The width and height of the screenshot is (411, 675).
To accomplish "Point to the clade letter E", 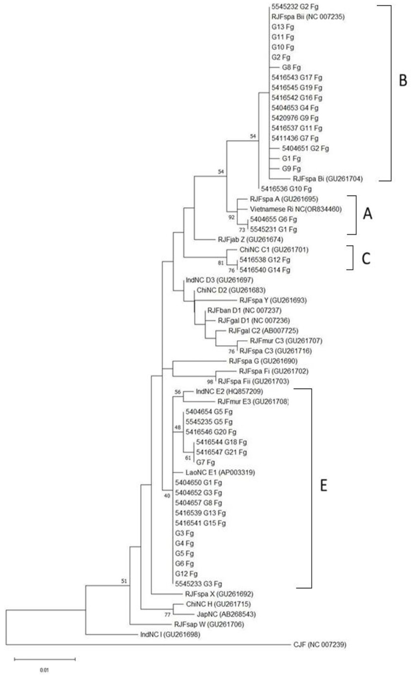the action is click(x=323, y=485).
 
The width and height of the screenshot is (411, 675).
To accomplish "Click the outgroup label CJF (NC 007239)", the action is click(x=320, y=644).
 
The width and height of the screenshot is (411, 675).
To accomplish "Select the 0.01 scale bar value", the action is click(x=45, y=670).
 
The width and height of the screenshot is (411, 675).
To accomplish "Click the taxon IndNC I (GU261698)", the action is click(x=170, y=634).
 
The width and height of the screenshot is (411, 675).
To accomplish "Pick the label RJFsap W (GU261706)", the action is click(x=209, y=624).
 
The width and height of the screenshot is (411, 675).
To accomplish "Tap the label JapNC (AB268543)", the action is click(x=226, y=614).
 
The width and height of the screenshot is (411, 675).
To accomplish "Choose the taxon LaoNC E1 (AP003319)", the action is click(x=220, y=472).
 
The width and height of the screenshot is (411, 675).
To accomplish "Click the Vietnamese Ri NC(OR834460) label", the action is click(x=296, y=209).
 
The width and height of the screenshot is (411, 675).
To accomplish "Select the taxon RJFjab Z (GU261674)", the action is click(x=251, y=239).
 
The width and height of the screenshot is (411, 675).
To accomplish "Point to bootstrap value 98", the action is click(x=210, y=382).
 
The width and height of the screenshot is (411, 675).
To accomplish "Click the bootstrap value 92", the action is click(x=231, y=217).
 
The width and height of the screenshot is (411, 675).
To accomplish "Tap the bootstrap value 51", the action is click(x=124, y=581).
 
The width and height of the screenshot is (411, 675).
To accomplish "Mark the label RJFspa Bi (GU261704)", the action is click(x=328, y=179).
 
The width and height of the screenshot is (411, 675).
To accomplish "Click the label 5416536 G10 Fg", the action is click(x=286, y=189).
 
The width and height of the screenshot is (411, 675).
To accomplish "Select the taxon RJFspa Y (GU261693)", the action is click(x=273, y=300).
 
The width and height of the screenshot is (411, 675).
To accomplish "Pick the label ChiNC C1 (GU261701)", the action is click(x=274, y=250).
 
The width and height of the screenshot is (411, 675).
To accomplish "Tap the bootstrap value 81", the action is click(x=221, y=263).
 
